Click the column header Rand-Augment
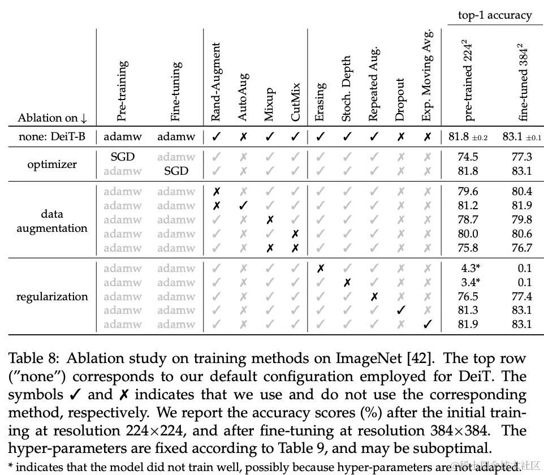(x=215, y=82)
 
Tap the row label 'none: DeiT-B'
(x=51, y=136)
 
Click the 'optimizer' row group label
(x=52, y=164)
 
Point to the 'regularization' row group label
(x=52, y=296)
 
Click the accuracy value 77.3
(x=522, y=157)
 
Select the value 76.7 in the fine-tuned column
(x=522, y=248)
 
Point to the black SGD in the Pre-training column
(x=122, y=157)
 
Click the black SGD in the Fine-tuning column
(x=176, y=171)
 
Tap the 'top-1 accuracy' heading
(x=495, y=15)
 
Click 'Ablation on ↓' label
(x=53, y=118)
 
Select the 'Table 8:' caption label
(x=33, y=359)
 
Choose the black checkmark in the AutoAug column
(x=243, y=206)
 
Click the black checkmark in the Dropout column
(x=400, y=310)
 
